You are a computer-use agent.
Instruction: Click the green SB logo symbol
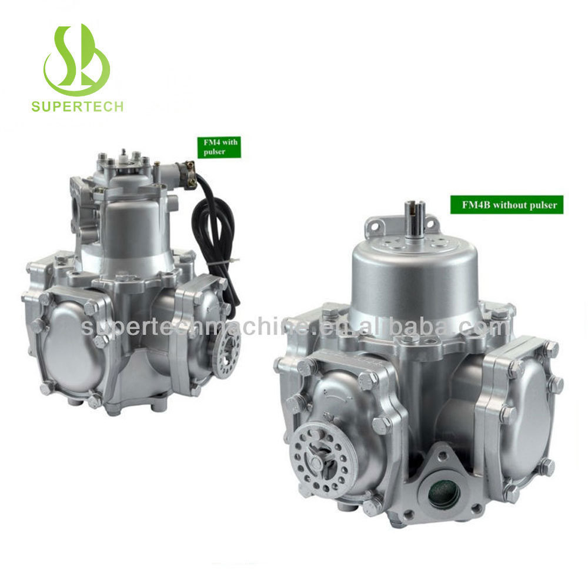point(77,60)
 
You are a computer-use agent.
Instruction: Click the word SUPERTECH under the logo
point(77,106)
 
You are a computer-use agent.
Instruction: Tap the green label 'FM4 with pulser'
point(219,147)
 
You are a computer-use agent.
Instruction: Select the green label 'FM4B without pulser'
point(507,205)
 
